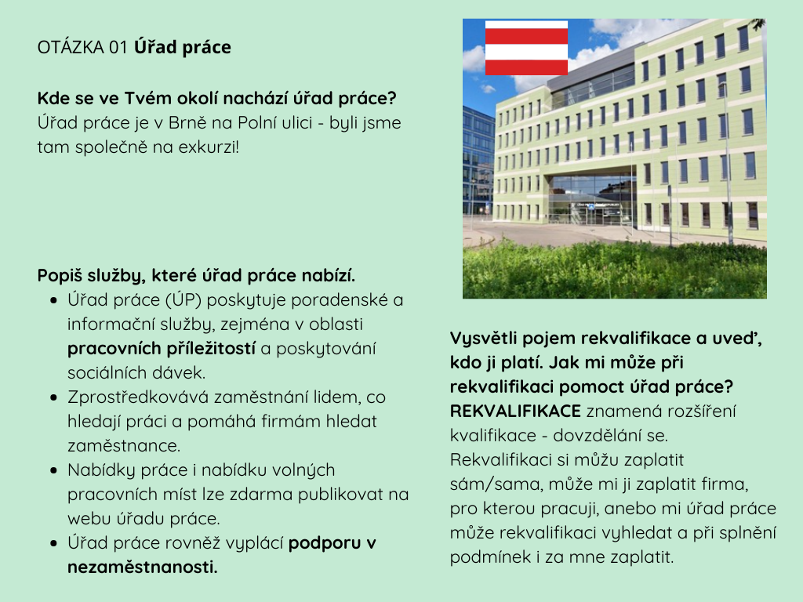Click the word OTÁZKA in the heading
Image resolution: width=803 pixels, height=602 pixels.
(71, 47)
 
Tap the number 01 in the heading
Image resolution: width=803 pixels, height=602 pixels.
(118, 47)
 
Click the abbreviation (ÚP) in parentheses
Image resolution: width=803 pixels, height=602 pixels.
(183, 300)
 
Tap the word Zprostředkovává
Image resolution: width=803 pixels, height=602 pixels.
(138, 397)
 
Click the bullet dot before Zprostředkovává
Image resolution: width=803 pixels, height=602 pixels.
(54, 397)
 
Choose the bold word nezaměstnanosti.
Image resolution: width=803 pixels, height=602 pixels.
(143, 568)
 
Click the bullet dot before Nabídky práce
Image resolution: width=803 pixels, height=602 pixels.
(54, 470)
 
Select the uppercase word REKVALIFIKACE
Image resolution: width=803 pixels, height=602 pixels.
(515, 411)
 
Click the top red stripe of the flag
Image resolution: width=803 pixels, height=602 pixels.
(526, 36)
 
